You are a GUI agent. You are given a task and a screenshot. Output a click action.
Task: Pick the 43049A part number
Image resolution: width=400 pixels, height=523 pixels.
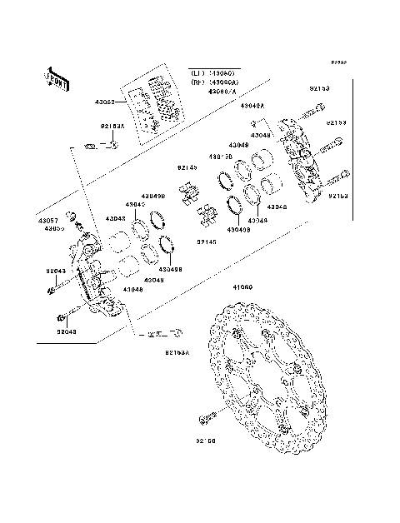click(x=252, y=107)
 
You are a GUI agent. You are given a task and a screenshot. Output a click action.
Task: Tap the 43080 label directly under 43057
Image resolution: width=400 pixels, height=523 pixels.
click(x=53, y=227)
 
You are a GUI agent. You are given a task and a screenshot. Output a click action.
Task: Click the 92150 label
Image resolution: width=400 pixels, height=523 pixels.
click(x=206, y=441)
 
